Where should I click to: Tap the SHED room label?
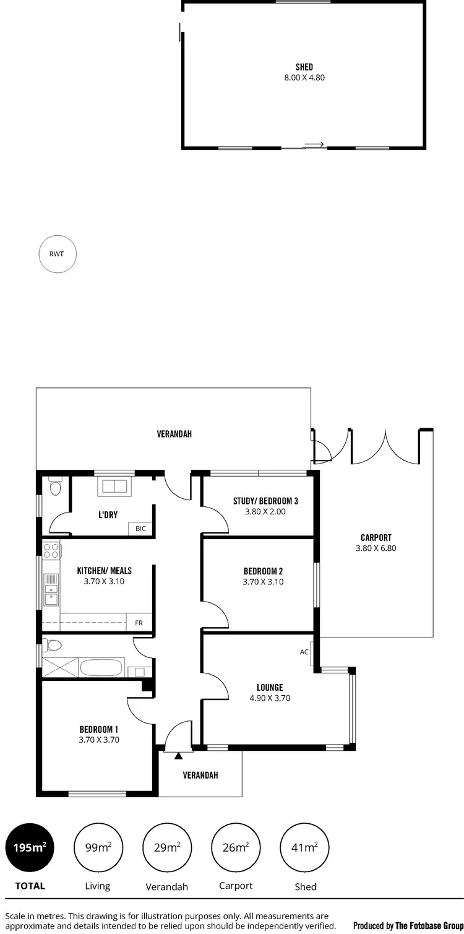coord(304,67)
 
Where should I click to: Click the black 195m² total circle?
coord(30,847)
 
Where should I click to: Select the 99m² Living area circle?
coord(98,847)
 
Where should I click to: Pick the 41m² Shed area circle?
coord(305,847)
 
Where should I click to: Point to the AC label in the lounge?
coord(304,652)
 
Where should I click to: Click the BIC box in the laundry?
coord(140,529)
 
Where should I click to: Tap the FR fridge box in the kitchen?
coord(139,623)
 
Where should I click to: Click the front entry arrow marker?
coord(179,756)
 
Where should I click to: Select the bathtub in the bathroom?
coord(101,668)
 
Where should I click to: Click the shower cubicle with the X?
coord(61,668)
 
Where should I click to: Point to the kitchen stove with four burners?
coord(51,550)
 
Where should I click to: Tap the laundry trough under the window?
coord(114,486)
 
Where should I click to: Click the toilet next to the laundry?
coord(54,488)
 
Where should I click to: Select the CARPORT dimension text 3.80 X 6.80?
coord(376,548)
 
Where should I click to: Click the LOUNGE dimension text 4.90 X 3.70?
coord(270,698)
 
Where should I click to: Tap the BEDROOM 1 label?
coord(98,729)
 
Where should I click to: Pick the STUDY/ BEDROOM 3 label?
coord(265,501)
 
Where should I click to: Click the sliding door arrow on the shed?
coord(314,145)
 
